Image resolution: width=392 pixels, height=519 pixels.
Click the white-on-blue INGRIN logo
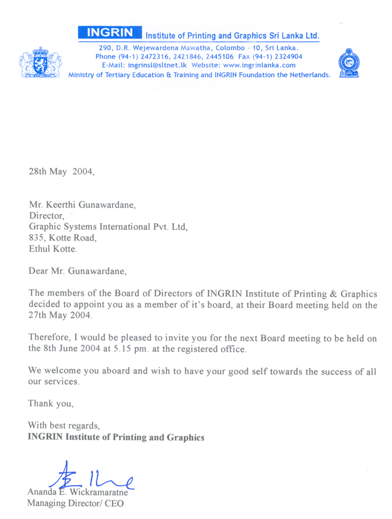tap(110, 34)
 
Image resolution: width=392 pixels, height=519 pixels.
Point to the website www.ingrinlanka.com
tap(259, 65)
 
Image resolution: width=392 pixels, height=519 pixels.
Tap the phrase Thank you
tap(51, 403)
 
